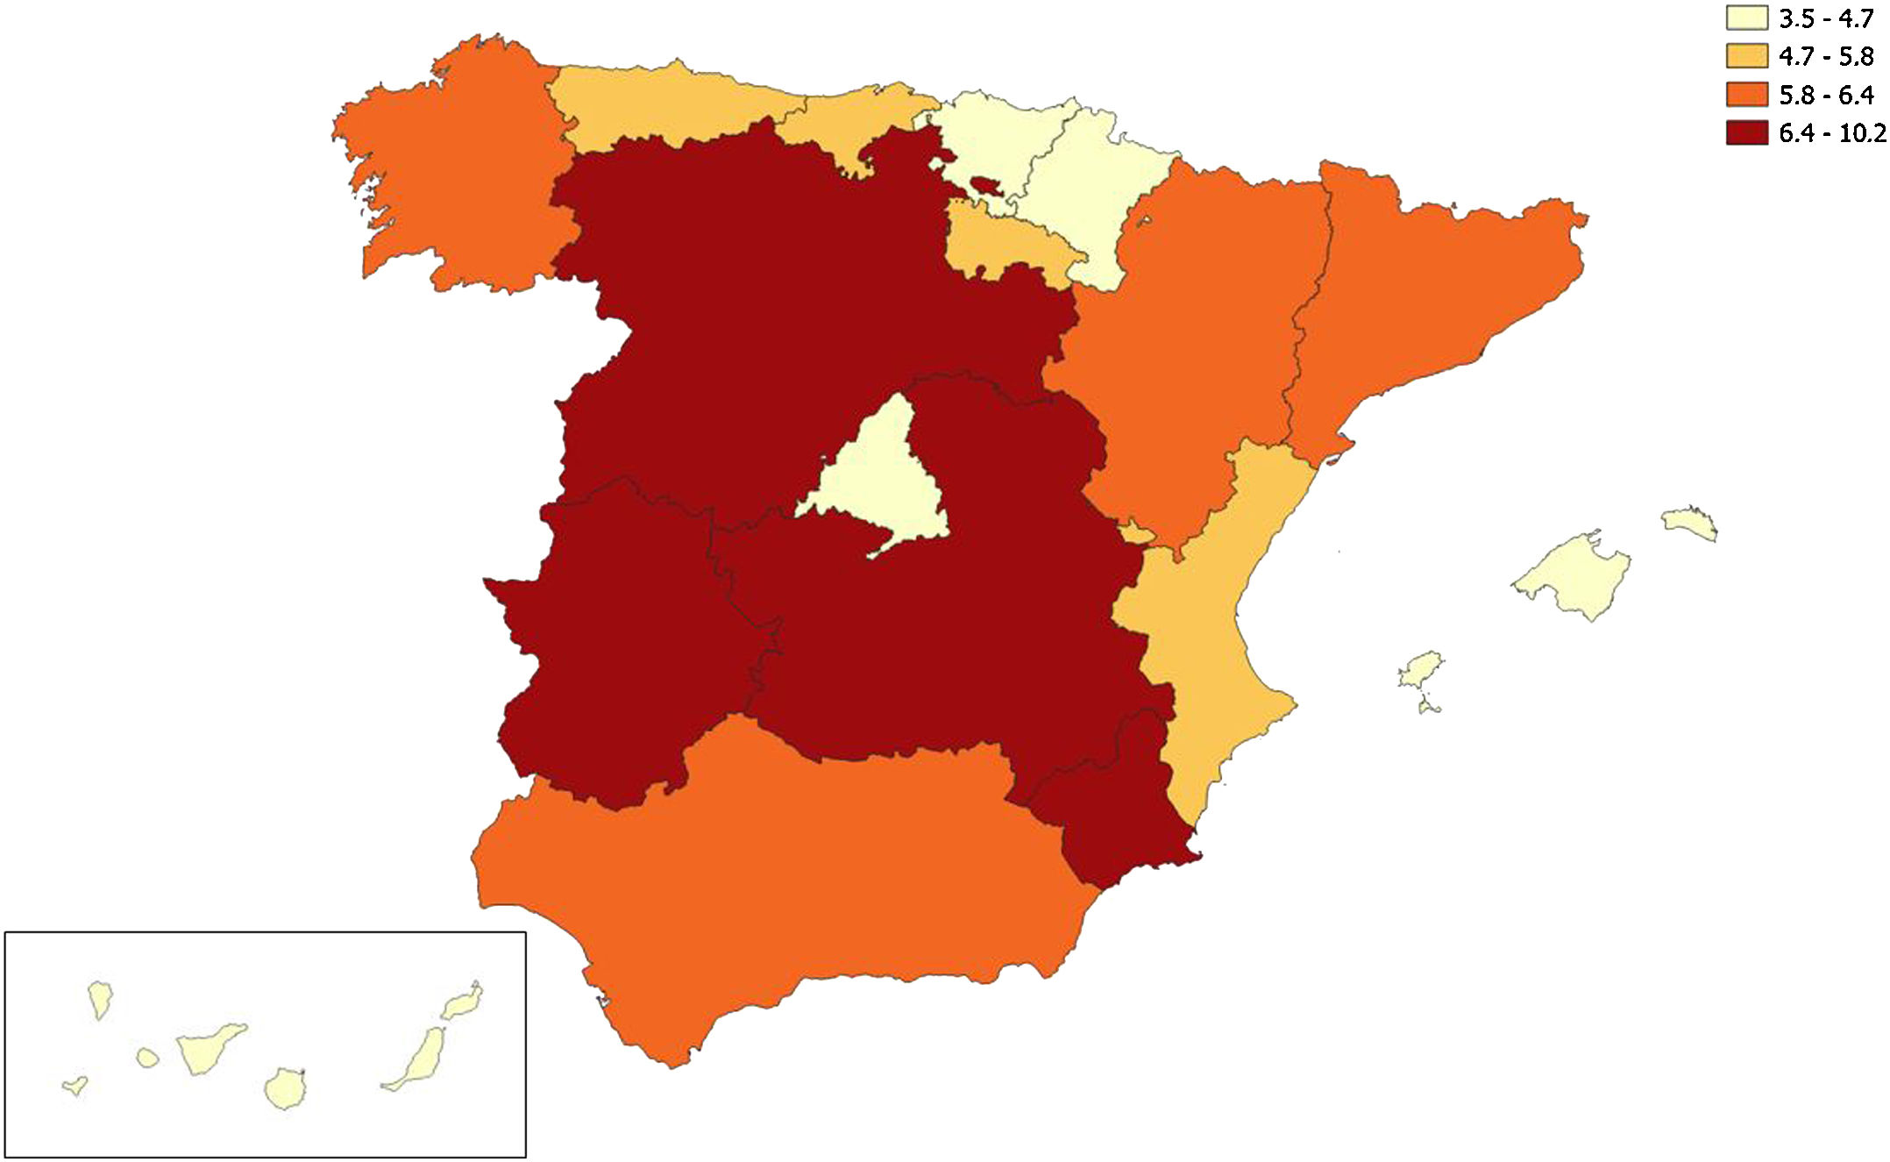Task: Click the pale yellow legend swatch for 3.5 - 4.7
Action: (1746, 18)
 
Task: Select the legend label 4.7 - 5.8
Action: (1826, 56)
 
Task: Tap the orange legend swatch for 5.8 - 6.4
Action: (1746, 94)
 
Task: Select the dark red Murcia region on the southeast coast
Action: (1113, 807)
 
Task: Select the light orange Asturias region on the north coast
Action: (666, 105)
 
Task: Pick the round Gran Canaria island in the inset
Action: (285, 1088)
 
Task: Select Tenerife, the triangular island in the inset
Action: (207, 1048)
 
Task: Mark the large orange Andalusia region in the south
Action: (789, 877)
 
